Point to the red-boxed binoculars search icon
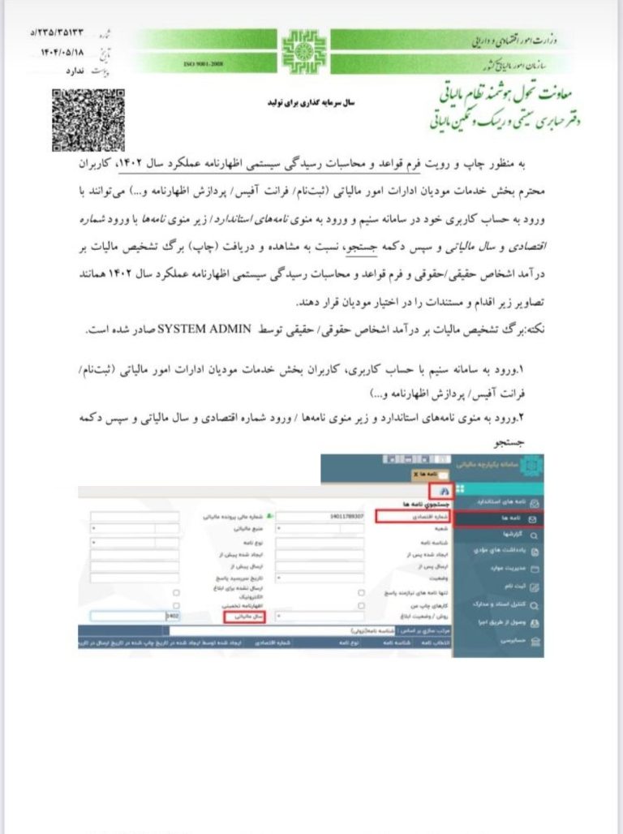point(442,491)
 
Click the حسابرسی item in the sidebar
point(507,640)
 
